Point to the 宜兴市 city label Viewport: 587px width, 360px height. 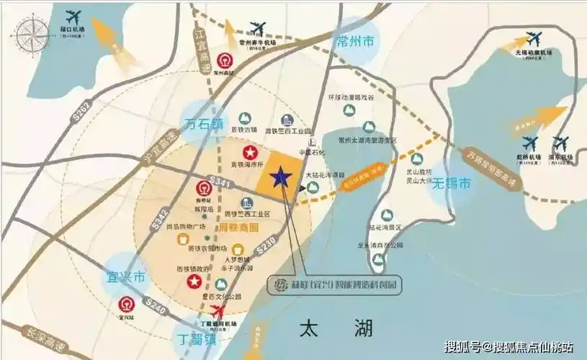pos(127,276)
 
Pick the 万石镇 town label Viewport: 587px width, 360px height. pos(205,123)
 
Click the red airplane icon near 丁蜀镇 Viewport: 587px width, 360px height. pos(220,311)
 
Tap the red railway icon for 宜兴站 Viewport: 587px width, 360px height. pos(128,304)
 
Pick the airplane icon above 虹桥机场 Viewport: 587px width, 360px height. pos(531,143)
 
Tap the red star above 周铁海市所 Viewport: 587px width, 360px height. pos(250,153)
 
